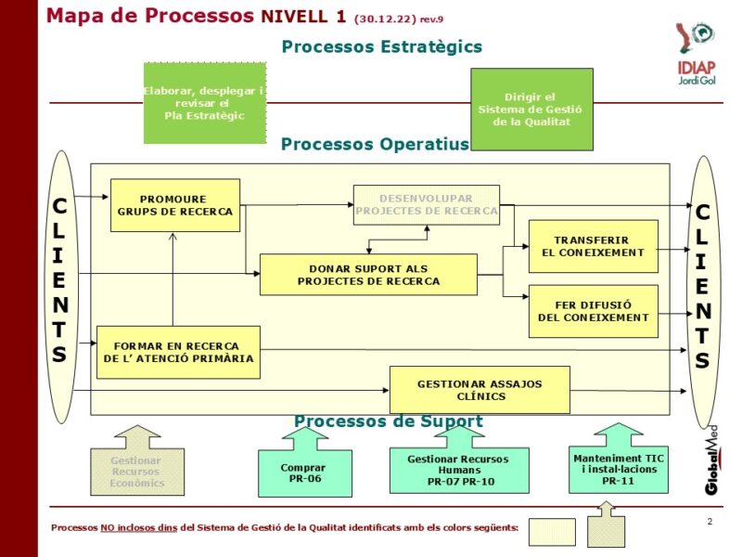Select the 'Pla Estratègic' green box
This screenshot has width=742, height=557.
(205, 103)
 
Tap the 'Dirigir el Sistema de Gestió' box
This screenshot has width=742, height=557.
(531, 110)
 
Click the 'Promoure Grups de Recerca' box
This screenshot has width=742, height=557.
(174, 205)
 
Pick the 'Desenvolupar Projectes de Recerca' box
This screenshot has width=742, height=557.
(426, 205)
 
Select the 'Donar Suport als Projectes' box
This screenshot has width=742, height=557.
(368, 275)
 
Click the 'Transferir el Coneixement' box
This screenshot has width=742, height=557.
(593, 246)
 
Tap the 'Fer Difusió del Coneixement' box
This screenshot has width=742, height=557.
(593, 311)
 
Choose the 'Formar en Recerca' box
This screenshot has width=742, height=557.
(178, 353)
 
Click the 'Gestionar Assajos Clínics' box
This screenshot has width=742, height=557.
(480, 390)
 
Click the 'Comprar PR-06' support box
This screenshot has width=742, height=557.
(304, 473)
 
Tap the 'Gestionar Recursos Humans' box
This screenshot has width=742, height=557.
(459, 471)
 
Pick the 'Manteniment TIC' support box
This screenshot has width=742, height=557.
(618, 469)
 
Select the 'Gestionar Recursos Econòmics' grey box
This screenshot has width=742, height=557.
(136, 472)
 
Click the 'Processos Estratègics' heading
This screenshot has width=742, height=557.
(381, 46)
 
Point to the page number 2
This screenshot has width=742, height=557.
(710, 522)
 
